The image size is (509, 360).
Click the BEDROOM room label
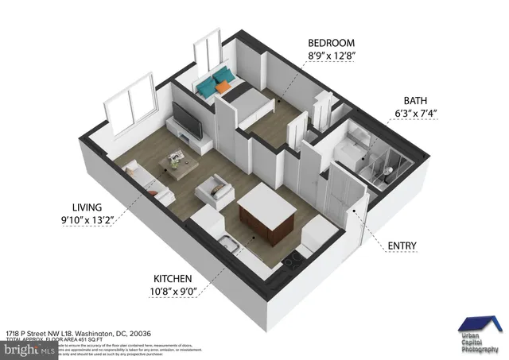coord(332,42)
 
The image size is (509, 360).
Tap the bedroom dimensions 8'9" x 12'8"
coord(332,56)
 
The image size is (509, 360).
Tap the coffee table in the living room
coord(177,164)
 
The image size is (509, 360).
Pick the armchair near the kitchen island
coord(215,190)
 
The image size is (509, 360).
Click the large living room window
coord(133,105)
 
